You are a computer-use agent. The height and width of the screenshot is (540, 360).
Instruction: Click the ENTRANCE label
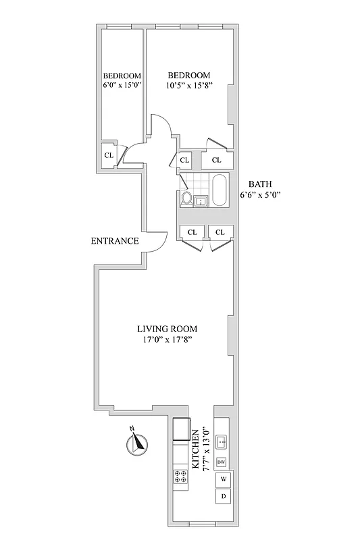[116, 241]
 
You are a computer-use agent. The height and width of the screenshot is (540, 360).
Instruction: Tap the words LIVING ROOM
[168, 329]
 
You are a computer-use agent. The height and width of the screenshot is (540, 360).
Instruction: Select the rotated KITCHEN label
[196, 449]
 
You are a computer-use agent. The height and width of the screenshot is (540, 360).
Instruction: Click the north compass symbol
[138, 443]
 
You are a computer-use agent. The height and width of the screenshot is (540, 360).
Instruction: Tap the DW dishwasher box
[221, 463]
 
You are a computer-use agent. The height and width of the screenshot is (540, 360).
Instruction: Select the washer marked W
[223, 479]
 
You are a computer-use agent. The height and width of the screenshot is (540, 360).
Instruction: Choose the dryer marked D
[223, 497]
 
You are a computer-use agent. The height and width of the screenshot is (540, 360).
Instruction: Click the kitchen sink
[222, 443]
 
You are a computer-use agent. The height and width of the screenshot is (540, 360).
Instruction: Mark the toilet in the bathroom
[187, 198]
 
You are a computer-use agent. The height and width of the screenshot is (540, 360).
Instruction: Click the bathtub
[220, 189]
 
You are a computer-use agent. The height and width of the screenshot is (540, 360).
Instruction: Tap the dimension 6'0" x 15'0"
[122, 86]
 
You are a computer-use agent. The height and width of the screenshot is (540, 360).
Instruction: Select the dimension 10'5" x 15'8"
[188, 86]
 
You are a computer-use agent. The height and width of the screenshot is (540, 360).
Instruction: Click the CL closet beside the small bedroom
[109, 155]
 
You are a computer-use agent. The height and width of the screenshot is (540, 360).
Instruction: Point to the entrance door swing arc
[157, 241]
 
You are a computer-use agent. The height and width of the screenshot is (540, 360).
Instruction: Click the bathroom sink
[201, 200]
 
